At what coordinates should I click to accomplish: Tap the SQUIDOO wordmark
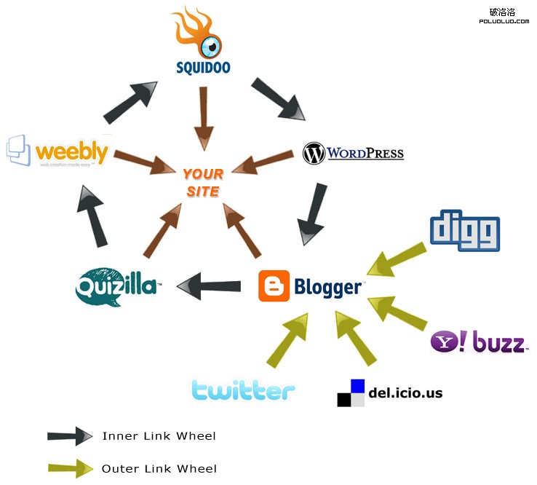pos(203,68)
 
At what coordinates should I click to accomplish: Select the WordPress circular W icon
pos(314,153)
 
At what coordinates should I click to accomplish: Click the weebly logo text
pos(71,152)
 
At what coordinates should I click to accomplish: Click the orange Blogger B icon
pos(274,286)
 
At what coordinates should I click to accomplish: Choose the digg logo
pos(465,231)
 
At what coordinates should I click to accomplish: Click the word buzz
pos(499,341)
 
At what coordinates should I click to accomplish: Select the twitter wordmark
pos(242,390)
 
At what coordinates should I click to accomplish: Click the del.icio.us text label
pos(405,393)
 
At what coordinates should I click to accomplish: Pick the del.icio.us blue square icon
pos(357,386)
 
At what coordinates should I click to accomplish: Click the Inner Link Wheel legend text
pos(159,436)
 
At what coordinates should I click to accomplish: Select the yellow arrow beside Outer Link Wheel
pos(70,468)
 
